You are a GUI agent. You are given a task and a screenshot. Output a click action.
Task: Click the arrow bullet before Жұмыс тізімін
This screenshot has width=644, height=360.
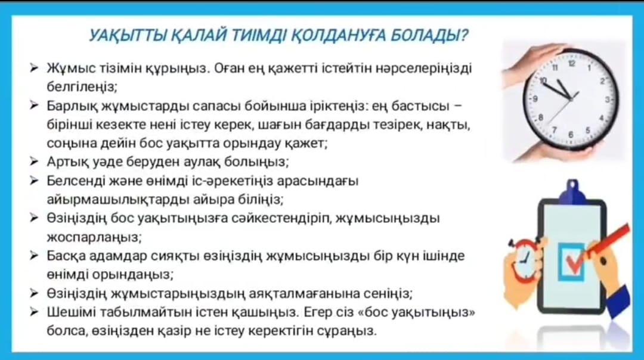tap(34, 68)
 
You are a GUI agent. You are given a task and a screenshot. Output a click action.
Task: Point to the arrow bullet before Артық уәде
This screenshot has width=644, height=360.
tap(34, 162)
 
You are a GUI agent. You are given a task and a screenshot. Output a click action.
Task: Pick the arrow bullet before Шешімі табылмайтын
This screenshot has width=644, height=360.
tap(34, 312)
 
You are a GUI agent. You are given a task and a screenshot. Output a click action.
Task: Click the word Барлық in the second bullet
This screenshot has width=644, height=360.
tap(72, 106)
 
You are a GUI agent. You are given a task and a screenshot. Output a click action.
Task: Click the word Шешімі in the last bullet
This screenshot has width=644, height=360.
tap(71, 312)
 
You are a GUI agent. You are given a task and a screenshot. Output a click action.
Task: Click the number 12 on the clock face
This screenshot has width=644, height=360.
tap(572, 64)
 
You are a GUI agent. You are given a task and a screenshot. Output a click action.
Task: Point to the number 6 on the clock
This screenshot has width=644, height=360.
tap(571, 135)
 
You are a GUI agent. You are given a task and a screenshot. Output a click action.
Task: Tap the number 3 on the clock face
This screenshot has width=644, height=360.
tap(608, 100)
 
